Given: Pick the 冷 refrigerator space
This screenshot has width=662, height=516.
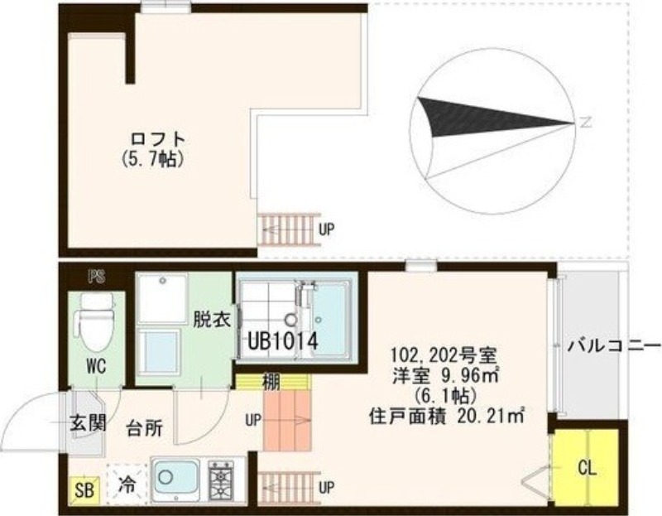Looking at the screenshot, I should pos(127,482).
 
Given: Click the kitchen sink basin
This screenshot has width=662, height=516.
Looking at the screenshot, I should pos(175,479).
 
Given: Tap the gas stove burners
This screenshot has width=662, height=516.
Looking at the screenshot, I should pos(225,480).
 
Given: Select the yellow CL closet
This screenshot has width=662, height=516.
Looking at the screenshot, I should pos(587,467).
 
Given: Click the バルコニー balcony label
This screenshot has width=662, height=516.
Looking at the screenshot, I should pos(613,345).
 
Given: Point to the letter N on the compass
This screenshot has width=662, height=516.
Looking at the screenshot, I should pos(585,124).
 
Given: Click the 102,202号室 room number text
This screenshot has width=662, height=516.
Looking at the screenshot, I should pos(444,356).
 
